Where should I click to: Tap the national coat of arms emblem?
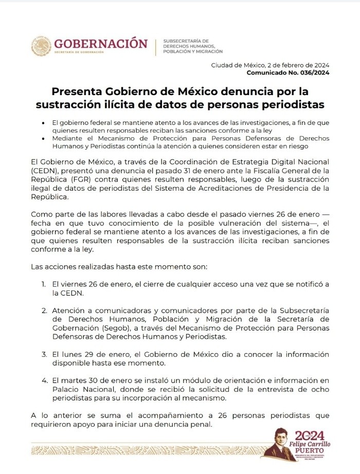(x=41, y=46)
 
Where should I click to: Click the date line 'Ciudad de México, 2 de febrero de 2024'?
(x=270, y=65)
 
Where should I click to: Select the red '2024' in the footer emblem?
(x=309, y=435)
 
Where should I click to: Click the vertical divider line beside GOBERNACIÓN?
(x=155, y=46)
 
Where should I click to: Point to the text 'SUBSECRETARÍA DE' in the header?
(x=185, y=41)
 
